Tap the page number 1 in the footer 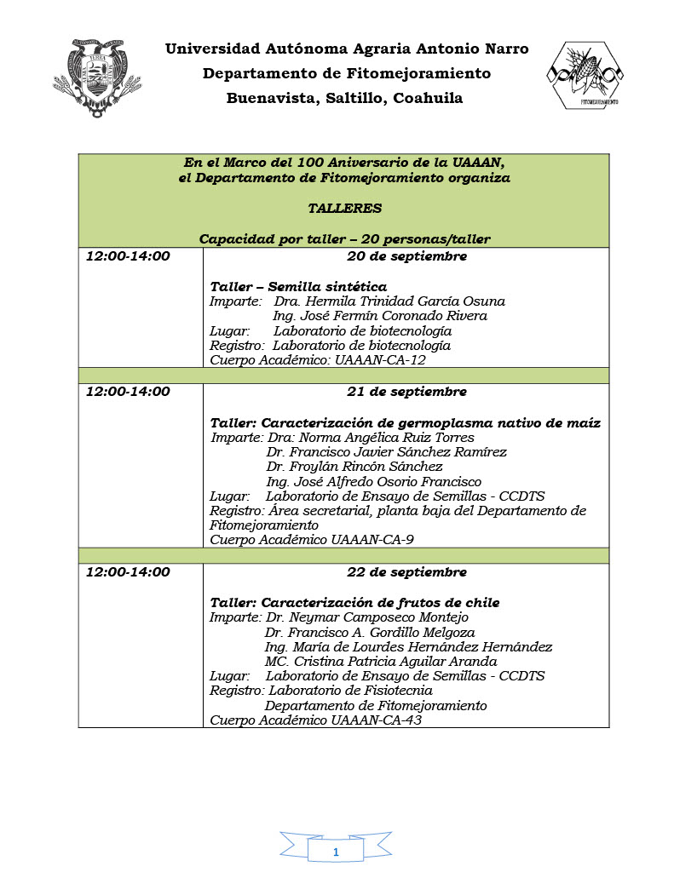[336, 852]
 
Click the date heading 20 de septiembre [406, 256]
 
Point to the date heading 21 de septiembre [406, 392]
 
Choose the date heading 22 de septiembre [406, 572]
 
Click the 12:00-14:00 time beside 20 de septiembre [128, 256]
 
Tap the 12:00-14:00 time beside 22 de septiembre [128, 572]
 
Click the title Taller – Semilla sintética [298, 287]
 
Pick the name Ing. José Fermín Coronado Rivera [380, 316]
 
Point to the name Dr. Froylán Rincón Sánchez [354, 467]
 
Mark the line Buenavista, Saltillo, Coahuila [344, 98]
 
